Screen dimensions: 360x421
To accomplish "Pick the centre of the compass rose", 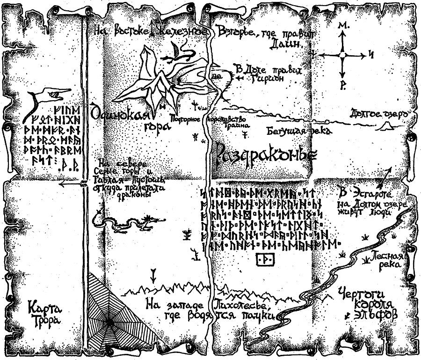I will click(x=343, y=56).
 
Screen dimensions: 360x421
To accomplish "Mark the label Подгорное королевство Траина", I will click(x=209, y=121).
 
